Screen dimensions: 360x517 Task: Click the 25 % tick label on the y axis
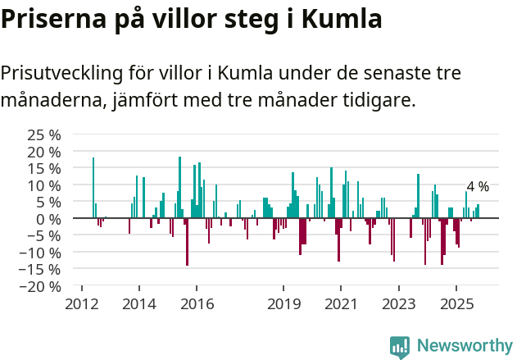[x=43, y=134]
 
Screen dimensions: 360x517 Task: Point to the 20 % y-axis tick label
[x=43, y=152]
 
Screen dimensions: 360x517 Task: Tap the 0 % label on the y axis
[x=48, y=219]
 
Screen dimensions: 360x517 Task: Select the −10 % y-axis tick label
[x=40, y=253]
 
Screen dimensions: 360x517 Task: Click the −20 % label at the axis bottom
[x=40, y=286]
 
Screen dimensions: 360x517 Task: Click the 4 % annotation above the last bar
[x=478, y=187]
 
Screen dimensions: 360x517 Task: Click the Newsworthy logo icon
[x=400, y=346]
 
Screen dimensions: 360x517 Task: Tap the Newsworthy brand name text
[x=464, y=346]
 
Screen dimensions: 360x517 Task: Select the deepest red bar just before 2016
[x=187, y=242]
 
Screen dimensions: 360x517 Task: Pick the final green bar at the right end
[x=478, y=212]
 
